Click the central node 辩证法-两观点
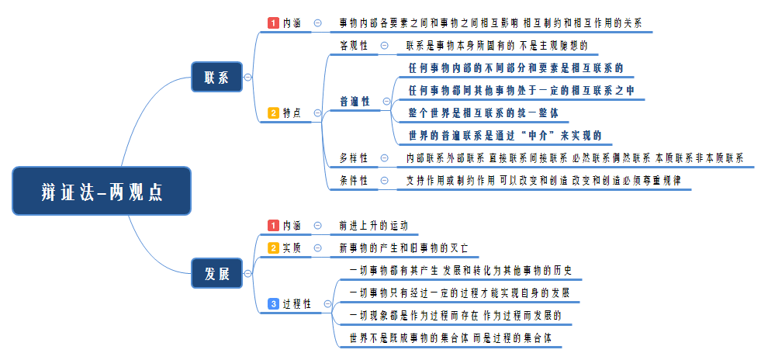102,191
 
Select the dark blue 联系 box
216,77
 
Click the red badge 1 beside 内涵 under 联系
273,23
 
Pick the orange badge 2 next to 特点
273,113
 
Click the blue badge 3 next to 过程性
273,303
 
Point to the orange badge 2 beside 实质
273,248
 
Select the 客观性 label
354,46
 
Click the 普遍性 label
355,102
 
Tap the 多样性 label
354,158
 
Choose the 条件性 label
354,181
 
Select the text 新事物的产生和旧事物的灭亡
403,248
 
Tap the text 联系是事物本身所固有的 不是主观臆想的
496,46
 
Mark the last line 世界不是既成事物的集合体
450,338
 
